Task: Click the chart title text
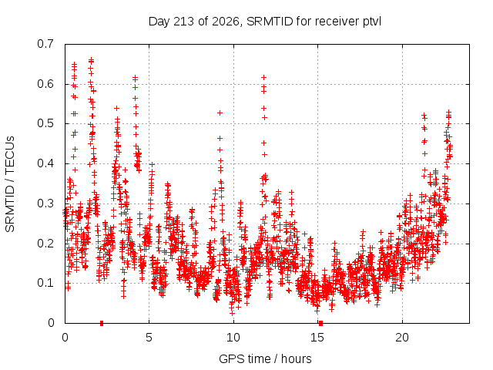[265, 22]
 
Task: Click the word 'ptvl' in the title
[372, 22]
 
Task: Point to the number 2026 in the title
[226, 22]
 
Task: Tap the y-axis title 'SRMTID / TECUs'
[10, 184]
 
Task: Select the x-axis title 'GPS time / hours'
[265, 358]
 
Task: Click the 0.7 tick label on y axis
[45, 44]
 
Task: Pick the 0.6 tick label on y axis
[45, 84]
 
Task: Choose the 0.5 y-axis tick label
[45, 123]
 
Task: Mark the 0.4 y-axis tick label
[45, 163]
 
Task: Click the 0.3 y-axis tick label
[45, 203]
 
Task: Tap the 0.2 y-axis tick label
[45, 244]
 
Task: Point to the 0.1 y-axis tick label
[45, 283]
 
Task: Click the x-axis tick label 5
[149, 338]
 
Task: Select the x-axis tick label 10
[233, 338]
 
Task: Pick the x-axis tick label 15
[317, 338]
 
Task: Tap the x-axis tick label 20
[402, 338]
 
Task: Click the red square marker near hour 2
[102, 323]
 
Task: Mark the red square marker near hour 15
[320, 323]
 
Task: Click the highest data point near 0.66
[91, 59]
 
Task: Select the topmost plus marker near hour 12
[264, 77]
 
